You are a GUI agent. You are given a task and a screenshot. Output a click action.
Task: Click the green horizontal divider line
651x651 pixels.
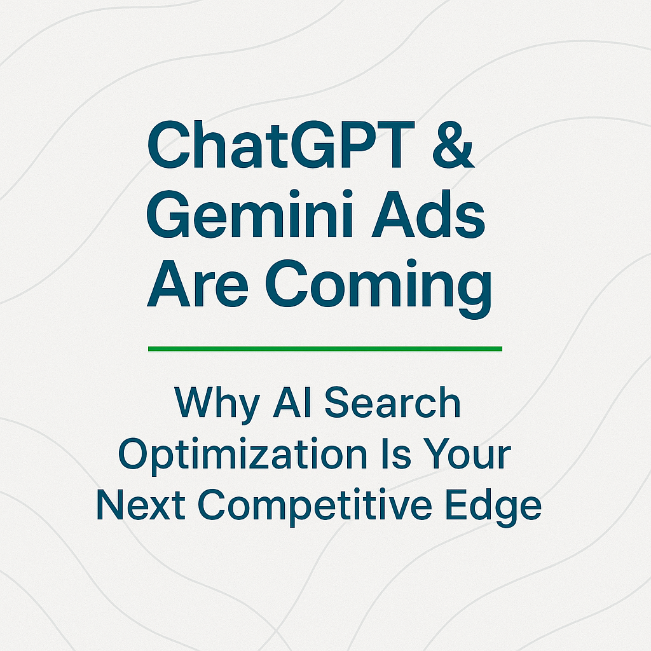point(325,348)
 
